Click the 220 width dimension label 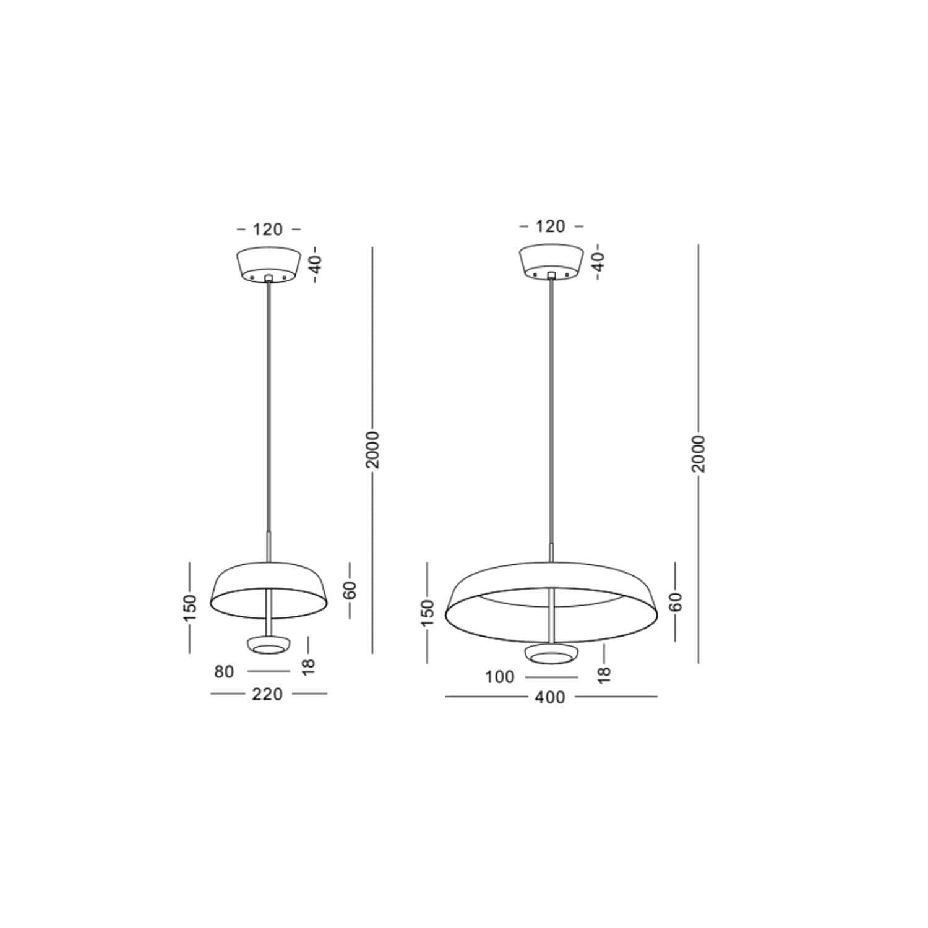(268, 694)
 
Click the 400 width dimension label (551, 697)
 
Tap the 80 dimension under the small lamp (225, 671)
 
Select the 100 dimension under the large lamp (500, 677)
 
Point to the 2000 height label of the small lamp (372, 449)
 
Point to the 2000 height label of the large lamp (698, 454)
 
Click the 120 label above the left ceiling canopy (268, 230)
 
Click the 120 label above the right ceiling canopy (551, 226)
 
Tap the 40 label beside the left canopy (316, 265)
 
